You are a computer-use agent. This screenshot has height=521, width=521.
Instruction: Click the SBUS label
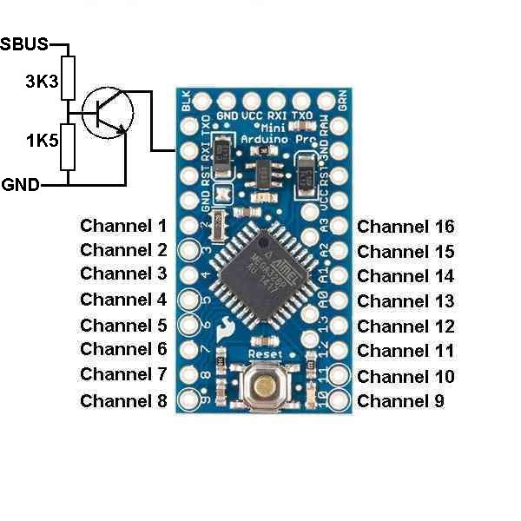click(x=24, y=43)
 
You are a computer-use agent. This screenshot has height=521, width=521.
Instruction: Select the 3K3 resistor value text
click(x=42, y=82)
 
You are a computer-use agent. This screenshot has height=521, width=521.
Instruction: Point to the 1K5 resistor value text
click(x=42, y=139)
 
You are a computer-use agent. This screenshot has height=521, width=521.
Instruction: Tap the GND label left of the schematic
click(x=20, y=184)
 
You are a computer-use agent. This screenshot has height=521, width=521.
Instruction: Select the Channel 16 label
click(x=406, y=227)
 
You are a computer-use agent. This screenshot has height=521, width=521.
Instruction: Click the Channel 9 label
click(x=400, y=401)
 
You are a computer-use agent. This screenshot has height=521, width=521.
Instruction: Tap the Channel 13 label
click(x=406, y=301)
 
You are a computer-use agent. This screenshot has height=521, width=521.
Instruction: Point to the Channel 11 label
click(x=406, y=351)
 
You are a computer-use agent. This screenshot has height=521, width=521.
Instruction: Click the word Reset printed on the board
click(x=267, y=354)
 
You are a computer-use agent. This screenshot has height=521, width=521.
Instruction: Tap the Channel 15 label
click(x=406, y=252)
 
